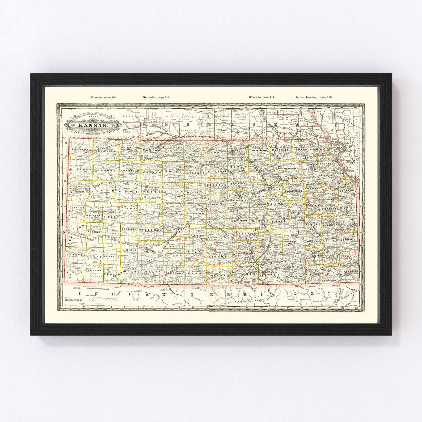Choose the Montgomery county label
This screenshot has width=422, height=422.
(314, 274)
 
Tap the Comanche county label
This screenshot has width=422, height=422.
(174, 273)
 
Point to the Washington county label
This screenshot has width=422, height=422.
(259, 150)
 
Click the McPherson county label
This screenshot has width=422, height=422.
(239, 221)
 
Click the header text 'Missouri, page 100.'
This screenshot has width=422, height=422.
(104, 97)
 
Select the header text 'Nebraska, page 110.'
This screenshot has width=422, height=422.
(156, 97)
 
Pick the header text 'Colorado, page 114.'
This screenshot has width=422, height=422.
(262, 97)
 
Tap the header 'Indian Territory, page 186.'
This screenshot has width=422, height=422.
(314, 97)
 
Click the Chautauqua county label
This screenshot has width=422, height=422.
(295, 277)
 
